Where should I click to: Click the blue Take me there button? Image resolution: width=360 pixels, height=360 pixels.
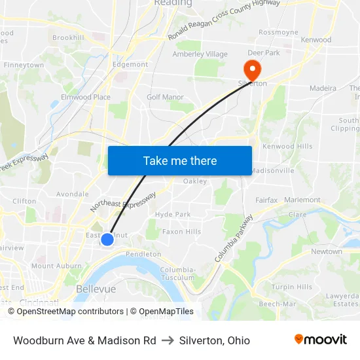[x=180, y=160]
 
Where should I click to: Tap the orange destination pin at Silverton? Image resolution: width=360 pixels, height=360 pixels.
[x=251, y=69]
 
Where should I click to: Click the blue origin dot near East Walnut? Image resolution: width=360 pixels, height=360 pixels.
[x=107, y=240]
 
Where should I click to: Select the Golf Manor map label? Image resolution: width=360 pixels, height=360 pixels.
[x=165, y=97]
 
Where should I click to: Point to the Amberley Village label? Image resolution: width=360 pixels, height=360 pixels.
[x=200, y=54]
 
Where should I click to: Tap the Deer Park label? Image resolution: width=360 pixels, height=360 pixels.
[x=264, y=53]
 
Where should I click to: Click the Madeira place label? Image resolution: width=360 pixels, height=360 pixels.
[x=323, y=88]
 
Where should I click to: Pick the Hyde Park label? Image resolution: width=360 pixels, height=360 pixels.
[x=173, y=214]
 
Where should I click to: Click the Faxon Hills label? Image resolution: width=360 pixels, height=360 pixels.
[x=182, y=232]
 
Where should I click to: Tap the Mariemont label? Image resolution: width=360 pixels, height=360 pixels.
[x=303, y=200]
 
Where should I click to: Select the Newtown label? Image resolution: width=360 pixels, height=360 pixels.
[x=327, y=251]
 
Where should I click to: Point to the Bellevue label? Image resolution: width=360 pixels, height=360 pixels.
[x=96, y=289]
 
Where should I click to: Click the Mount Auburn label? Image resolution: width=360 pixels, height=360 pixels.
[x=56, y=266]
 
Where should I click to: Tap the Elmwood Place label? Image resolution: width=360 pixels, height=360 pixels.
[x=85, y=97]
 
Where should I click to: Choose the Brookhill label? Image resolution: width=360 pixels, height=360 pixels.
[x=68, y=38]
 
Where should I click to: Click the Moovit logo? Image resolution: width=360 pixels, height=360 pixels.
[x=321, y=340]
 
